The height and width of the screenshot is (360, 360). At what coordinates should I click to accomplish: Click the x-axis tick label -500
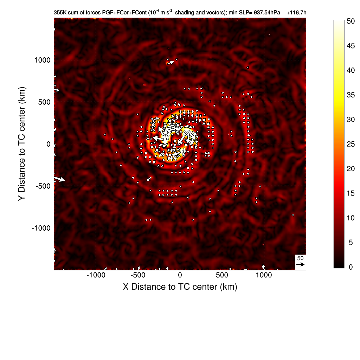[x=138, y=275]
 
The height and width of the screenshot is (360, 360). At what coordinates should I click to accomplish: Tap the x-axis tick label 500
[x=222, y=275]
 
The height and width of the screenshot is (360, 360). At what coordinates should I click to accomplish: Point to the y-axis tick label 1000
[x=42, y=60]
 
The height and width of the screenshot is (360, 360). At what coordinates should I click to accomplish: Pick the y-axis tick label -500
[x=43, y=186]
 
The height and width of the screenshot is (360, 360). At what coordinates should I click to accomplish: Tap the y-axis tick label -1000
[x=41, y=228]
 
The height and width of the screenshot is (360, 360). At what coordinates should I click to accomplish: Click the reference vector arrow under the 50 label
[x=300, y=264]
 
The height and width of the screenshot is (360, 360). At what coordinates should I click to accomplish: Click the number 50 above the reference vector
[x=300, y=258]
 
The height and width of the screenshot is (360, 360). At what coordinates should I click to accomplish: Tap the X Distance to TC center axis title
[x=180, y=287]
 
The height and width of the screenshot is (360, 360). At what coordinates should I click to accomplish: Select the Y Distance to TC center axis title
[x=22, y=144]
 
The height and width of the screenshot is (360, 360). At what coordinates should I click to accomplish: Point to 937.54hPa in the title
[x=267, y=13]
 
